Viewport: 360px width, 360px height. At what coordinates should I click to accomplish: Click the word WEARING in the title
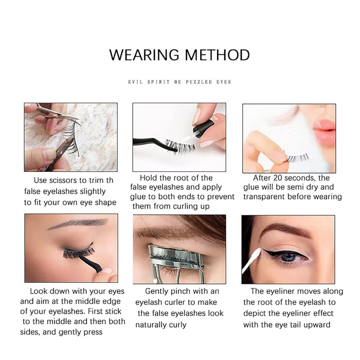point(144,55)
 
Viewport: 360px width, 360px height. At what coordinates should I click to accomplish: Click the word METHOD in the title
point(217,55)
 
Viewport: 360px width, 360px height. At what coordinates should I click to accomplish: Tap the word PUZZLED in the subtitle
point(199,82)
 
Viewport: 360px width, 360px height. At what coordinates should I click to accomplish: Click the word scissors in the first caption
point(59,180)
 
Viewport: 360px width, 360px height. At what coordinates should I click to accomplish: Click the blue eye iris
point(289,257)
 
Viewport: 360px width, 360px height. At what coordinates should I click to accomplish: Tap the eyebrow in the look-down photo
point(78,224)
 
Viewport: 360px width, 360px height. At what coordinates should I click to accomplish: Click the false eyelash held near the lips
point(297,158)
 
